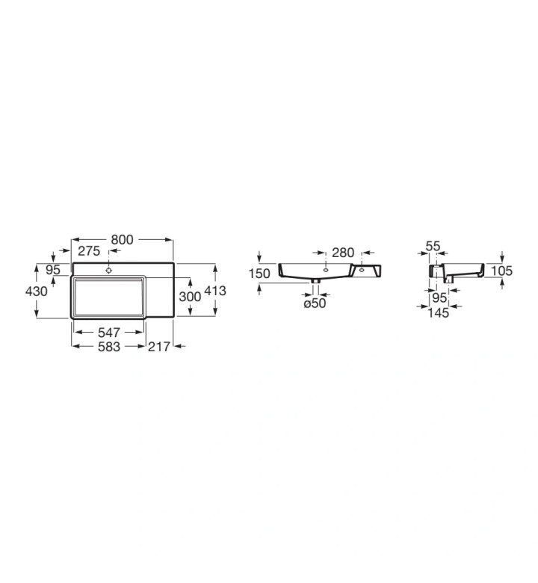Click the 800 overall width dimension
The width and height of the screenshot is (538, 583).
tap(122, 240)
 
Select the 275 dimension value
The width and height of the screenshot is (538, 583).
tap(89, 251)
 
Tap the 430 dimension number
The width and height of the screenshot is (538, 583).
tap(37, 291)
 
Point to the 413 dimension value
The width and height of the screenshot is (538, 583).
tap(215, 291)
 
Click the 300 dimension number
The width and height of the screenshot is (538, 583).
tap(190, 297)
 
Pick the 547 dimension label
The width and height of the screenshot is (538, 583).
tap(109, 333)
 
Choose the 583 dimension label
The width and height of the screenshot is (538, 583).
tap(109, 347)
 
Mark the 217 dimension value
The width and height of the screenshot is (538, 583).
tap(159, 347)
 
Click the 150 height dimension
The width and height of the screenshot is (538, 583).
tap(259, 274)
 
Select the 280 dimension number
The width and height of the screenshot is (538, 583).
tap(343, 253)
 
